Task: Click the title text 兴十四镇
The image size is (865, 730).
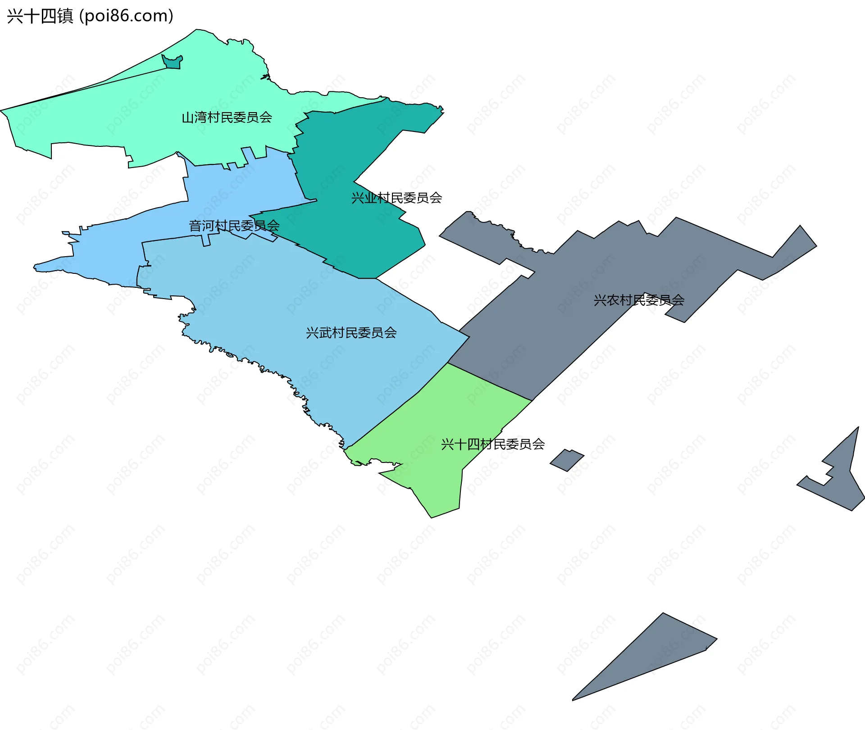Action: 40,16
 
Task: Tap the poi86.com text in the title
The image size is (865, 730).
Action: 126,16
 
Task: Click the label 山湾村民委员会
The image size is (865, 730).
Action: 227,118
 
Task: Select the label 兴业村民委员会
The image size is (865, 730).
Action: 396,198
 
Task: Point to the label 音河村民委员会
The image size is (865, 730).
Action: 234,226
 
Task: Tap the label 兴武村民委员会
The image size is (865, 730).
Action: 351,333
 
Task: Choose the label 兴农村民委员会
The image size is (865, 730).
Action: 639,300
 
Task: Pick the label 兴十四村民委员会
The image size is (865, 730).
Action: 493,444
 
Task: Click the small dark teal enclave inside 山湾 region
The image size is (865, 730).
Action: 172,62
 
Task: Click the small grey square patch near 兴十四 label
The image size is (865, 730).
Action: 567,460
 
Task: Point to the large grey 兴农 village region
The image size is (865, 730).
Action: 563,315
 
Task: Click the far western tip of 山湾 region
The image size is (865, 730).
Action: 2,110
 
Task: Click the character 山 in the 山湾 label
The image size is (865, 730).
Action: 187,118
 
